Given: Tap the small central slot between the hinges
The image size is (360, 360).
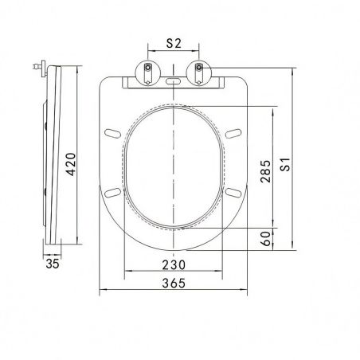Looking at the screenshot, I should pyautogui.click(x=173, y=81).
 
